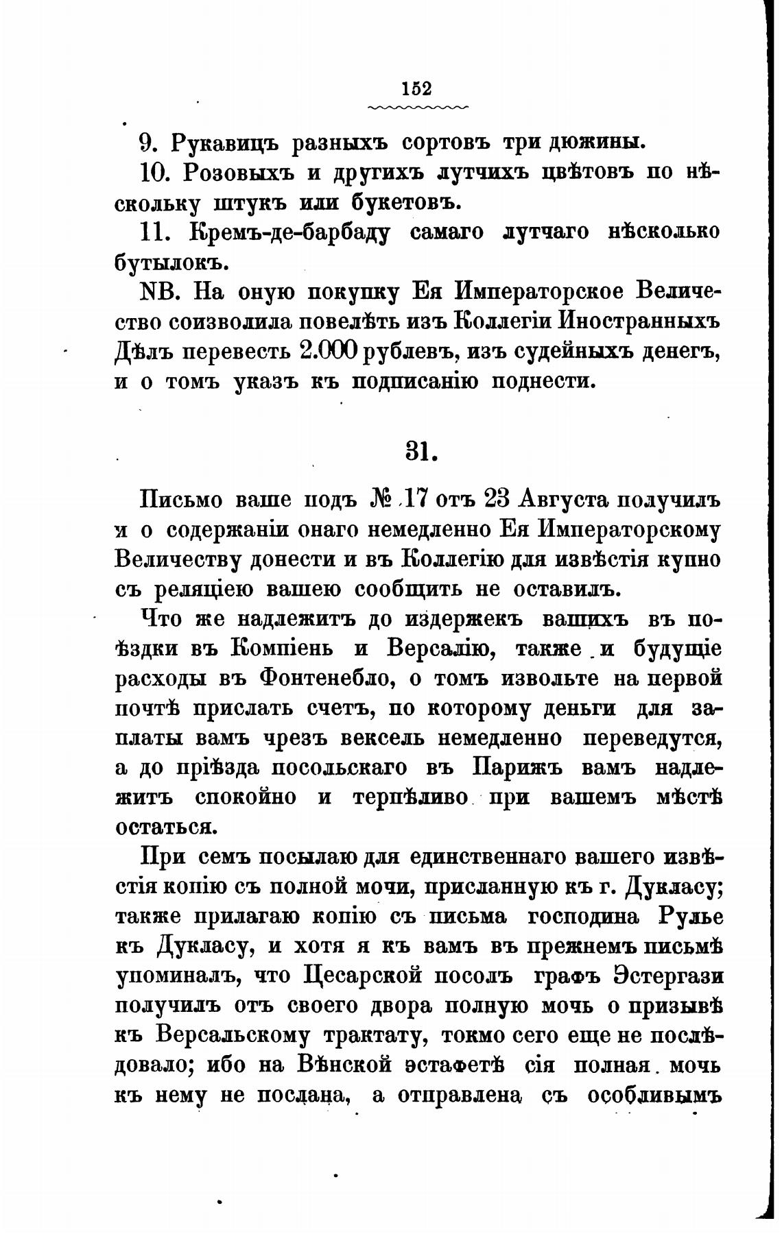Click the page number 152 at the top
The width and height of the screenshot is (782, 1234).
tap(417, 89)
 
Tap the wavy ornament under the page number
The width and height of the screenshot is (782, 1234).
tap(417, 108)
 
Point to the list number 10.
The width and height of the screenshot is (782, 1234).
tap(157, 173)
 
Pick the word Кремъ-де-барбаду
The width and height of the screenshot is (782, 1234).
tap(288, 232)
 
